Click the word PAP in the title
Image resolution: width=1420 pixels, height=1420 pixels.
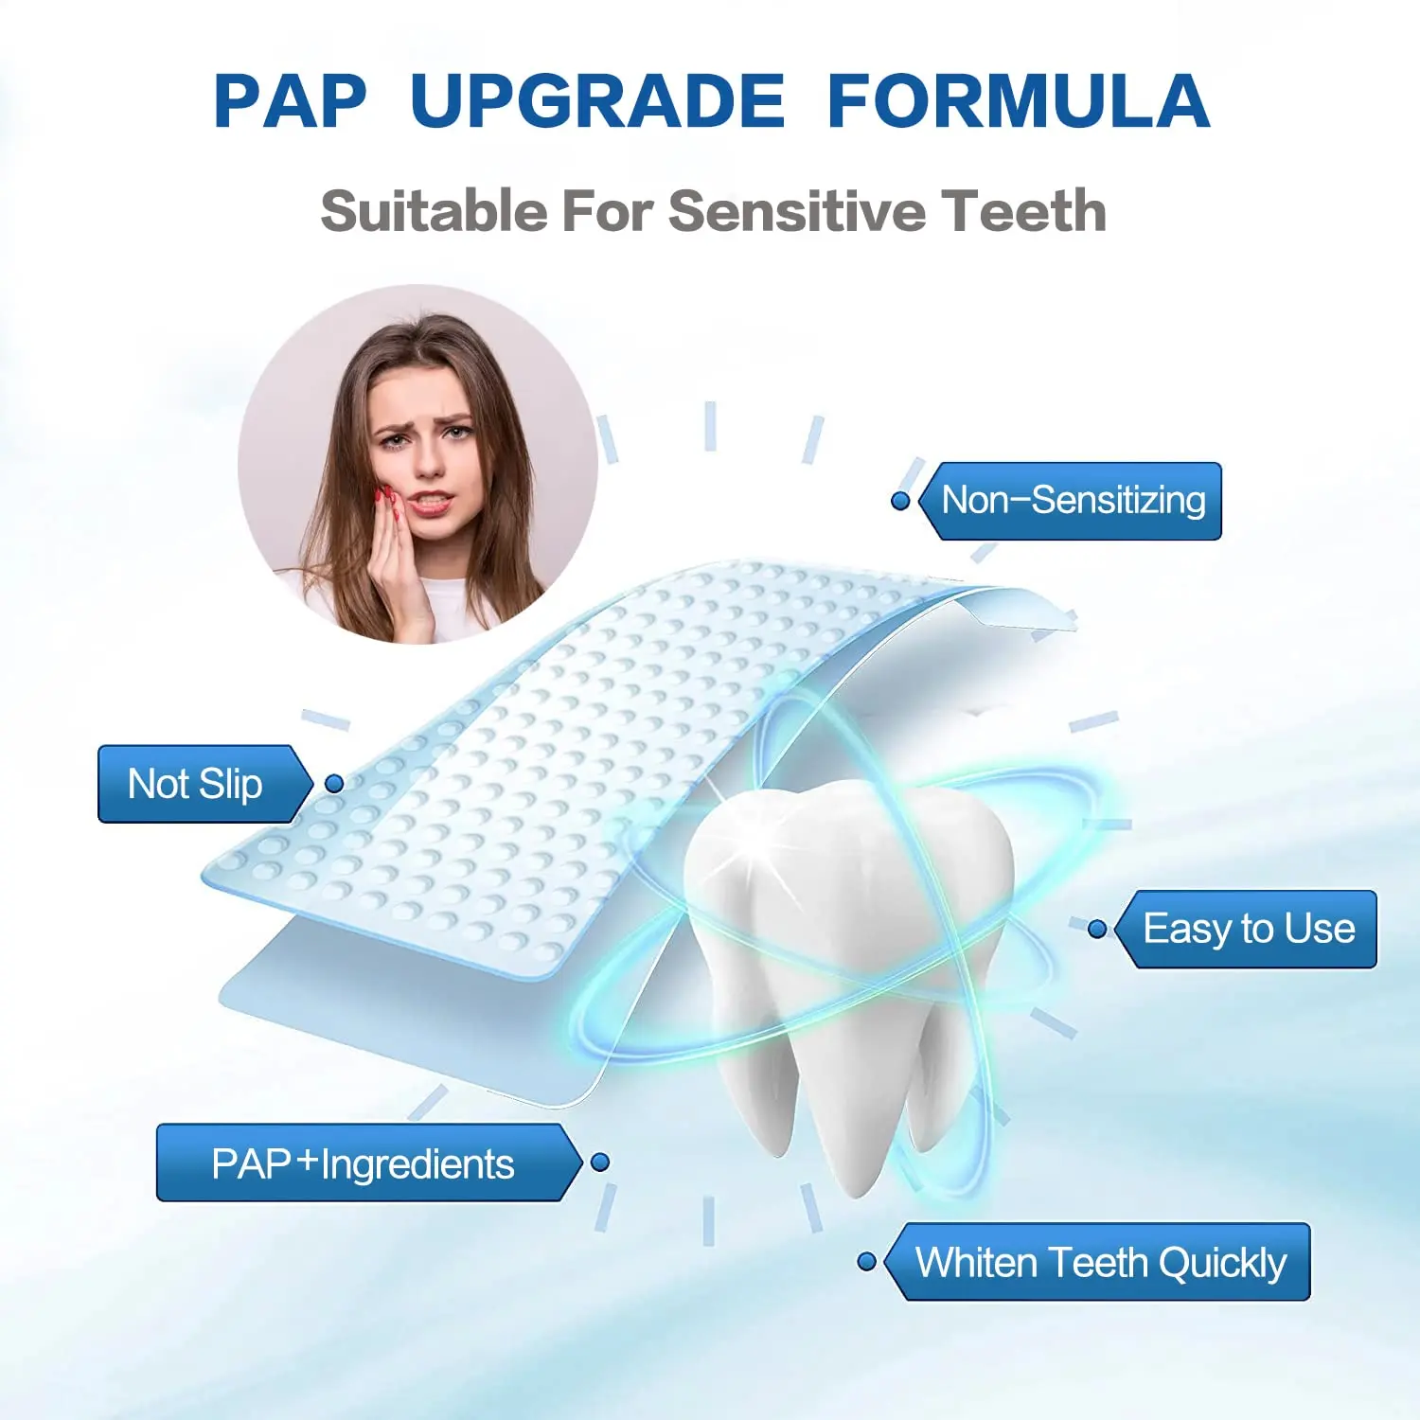[290, 101]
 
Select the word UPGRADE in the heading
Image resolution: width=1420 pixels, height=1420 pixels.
[597, 101]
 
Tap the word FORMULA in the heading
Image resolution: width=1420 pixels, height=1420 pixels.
[1019, 101]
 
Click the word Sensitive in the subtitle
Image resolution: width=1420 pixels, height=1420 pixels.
[795, 210]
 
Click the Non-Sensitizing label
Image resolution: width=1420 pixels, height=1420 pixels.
[1074, 501]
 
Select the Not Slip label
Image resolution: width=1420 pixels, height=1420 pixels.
[196, 784]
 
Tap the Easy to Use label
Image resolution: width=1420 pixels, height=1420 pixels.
[1249, 929]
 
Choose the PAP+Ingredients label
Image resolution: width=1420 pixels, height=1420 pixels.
[364, 1163]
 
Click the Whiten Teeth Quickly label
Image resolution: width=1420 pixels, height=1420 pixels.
[1100, 1262]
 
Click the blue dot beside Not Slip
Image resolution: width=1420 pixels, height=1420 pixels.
[334, 784]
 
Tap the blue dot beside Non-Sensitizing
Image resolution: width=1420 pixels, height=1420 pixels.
[900, 501]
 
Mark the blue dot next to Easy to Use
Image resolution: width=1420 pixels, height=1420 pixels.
[1097, 930]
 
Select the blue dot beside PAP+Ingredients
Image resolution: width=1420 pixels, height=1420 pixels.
[599, 1163]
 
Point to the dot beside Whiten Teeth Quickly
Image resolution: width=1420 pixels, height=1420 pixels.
[866, 1262]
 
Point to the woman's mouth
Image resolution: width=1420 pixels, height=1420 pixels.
[429, 502]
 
